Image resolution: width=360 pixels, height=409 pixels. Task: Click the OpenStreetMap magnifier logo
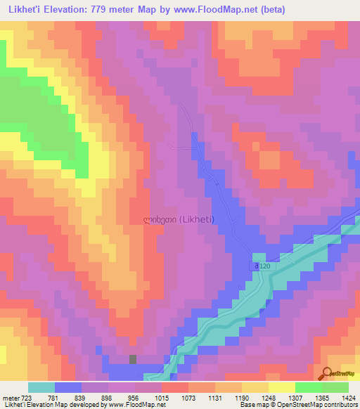[x=328, y=374]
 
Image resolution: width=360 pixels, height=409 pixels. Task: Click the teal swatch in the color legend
[x=41, y=387]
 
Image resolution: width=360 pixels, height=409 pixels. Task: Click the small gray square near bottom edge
[x=132, y=360]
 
